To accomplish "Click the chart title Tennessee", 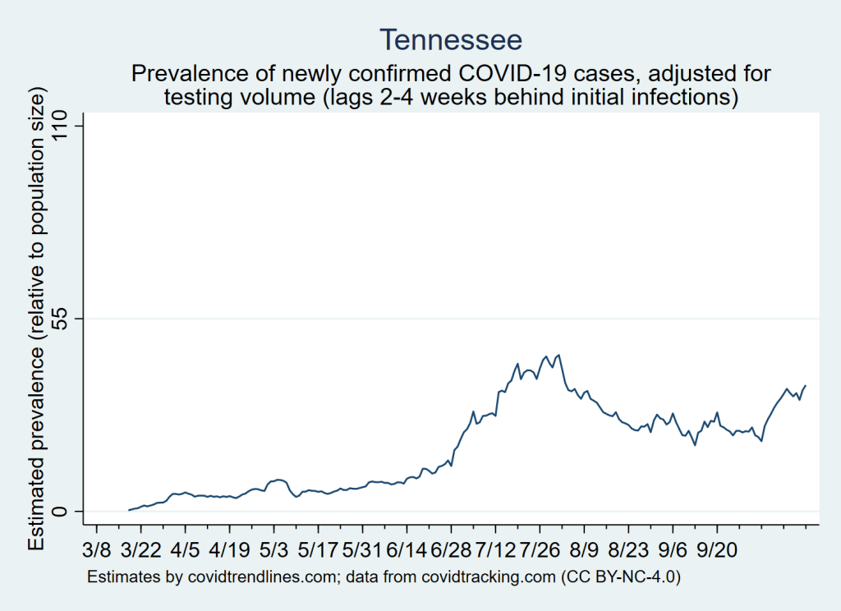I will click(x=450, y=39).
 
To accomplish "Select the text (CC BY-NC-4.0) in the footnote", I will click(x=621, y=577).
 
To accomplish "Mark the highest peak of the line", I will click(x=558, y=355).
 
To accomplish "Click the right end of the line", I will click(x=806, y=385).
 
